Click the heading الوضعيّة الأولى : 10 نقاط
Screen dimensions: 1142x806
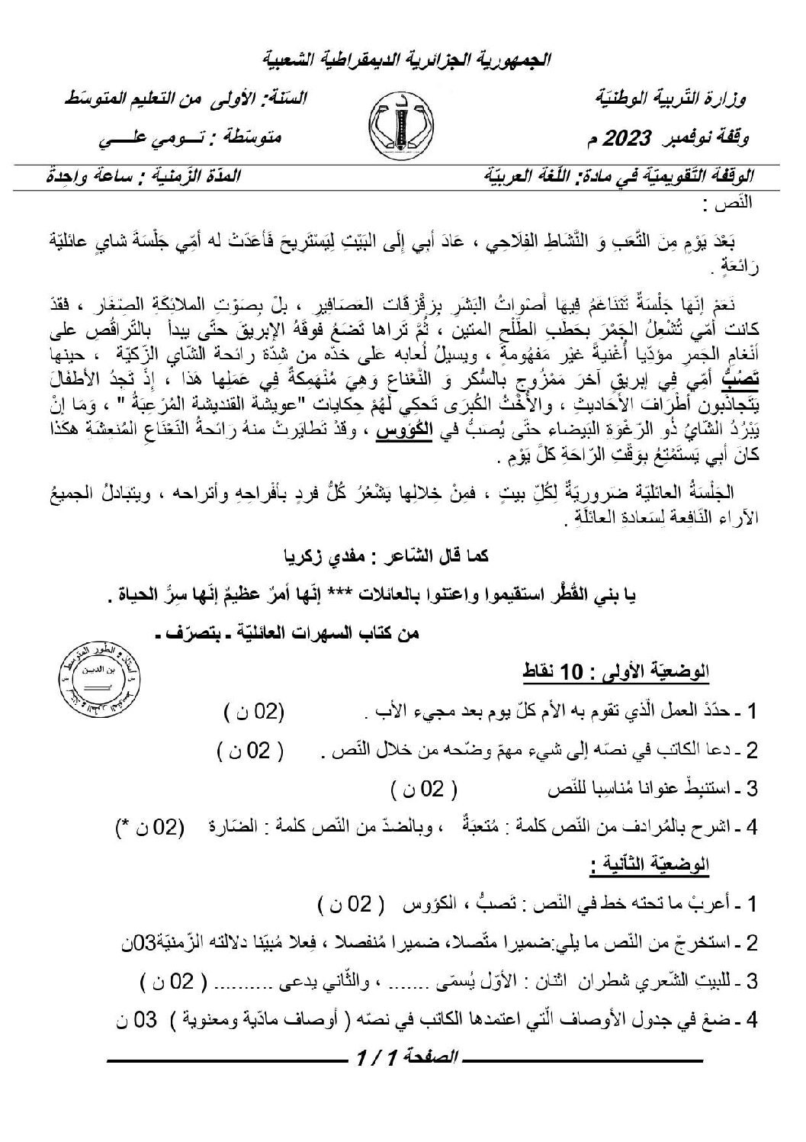[x=637, y=672]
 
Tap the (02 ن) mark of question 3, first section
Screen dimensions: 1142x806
[x=425, y=788]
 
